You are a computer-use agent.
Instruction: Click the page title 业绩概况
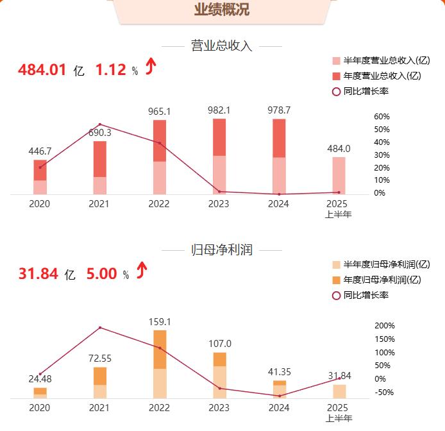pos(222,10)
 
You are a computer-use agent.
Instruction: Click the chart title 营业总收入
pos(222,46)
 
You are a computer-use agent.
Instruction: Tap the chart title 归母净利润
pos(222,250)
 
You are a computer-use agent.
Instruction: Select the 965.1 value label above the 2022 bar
pos(159,111)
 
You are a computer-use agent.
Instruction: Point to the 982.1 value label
pos(219,110)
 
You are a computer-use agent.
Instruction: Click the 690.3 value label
pos(99,132)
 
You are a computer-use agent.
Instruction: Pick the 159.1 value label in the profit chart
pos(159,321)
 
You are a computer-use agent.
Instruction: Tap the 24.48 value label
pos(40,378)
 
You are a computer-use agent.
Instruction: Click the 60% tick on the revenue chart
pos(382,117)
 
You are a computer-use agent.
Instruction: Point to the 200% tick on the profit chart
pos(385,326)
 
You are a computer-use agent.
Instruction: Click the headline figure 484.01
pos(42,70)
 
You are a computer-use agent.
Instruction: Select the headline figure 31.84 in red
pos(38,274)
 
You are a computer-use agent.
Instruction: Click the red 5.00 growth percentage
pos(102,274)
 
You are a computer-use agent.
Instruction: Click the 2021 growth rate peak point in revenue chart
pos(99,124)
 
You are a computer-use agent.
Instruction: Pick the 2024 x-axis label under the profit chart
pos(279,407)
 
